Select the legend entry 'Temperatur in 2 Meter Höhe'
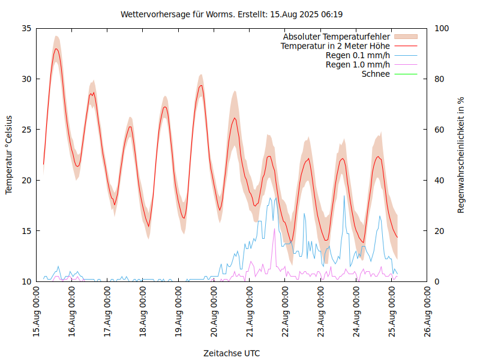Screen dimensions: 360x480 (335, 46)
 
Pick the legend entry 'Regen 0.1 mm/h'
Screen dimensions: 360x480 (358, 55)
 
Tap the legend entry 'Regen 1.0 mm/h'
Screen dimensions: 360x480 (358, 65)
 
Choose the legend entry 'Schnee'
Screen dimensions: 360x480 (376, 74)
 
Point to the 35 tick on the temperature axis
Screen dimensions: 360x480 (26, 28)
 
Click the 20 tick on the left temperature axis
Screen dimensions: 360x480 (26, 180)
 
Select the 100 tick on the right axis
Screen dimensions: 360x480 (441, 28)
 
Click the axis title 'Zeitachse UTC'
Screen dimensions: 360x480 (232, 353)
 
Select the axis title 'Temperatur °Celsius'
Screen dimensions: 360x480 (9, 154)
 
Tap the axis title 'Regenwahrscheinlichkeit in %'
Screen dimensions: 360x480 (461, 154)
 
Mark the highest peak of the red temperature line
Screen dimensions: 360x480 (56, 49)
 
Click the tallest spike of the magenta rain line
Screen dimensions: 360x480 (275, 229)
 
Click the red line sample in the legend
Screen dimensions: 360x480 (405, 46)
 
